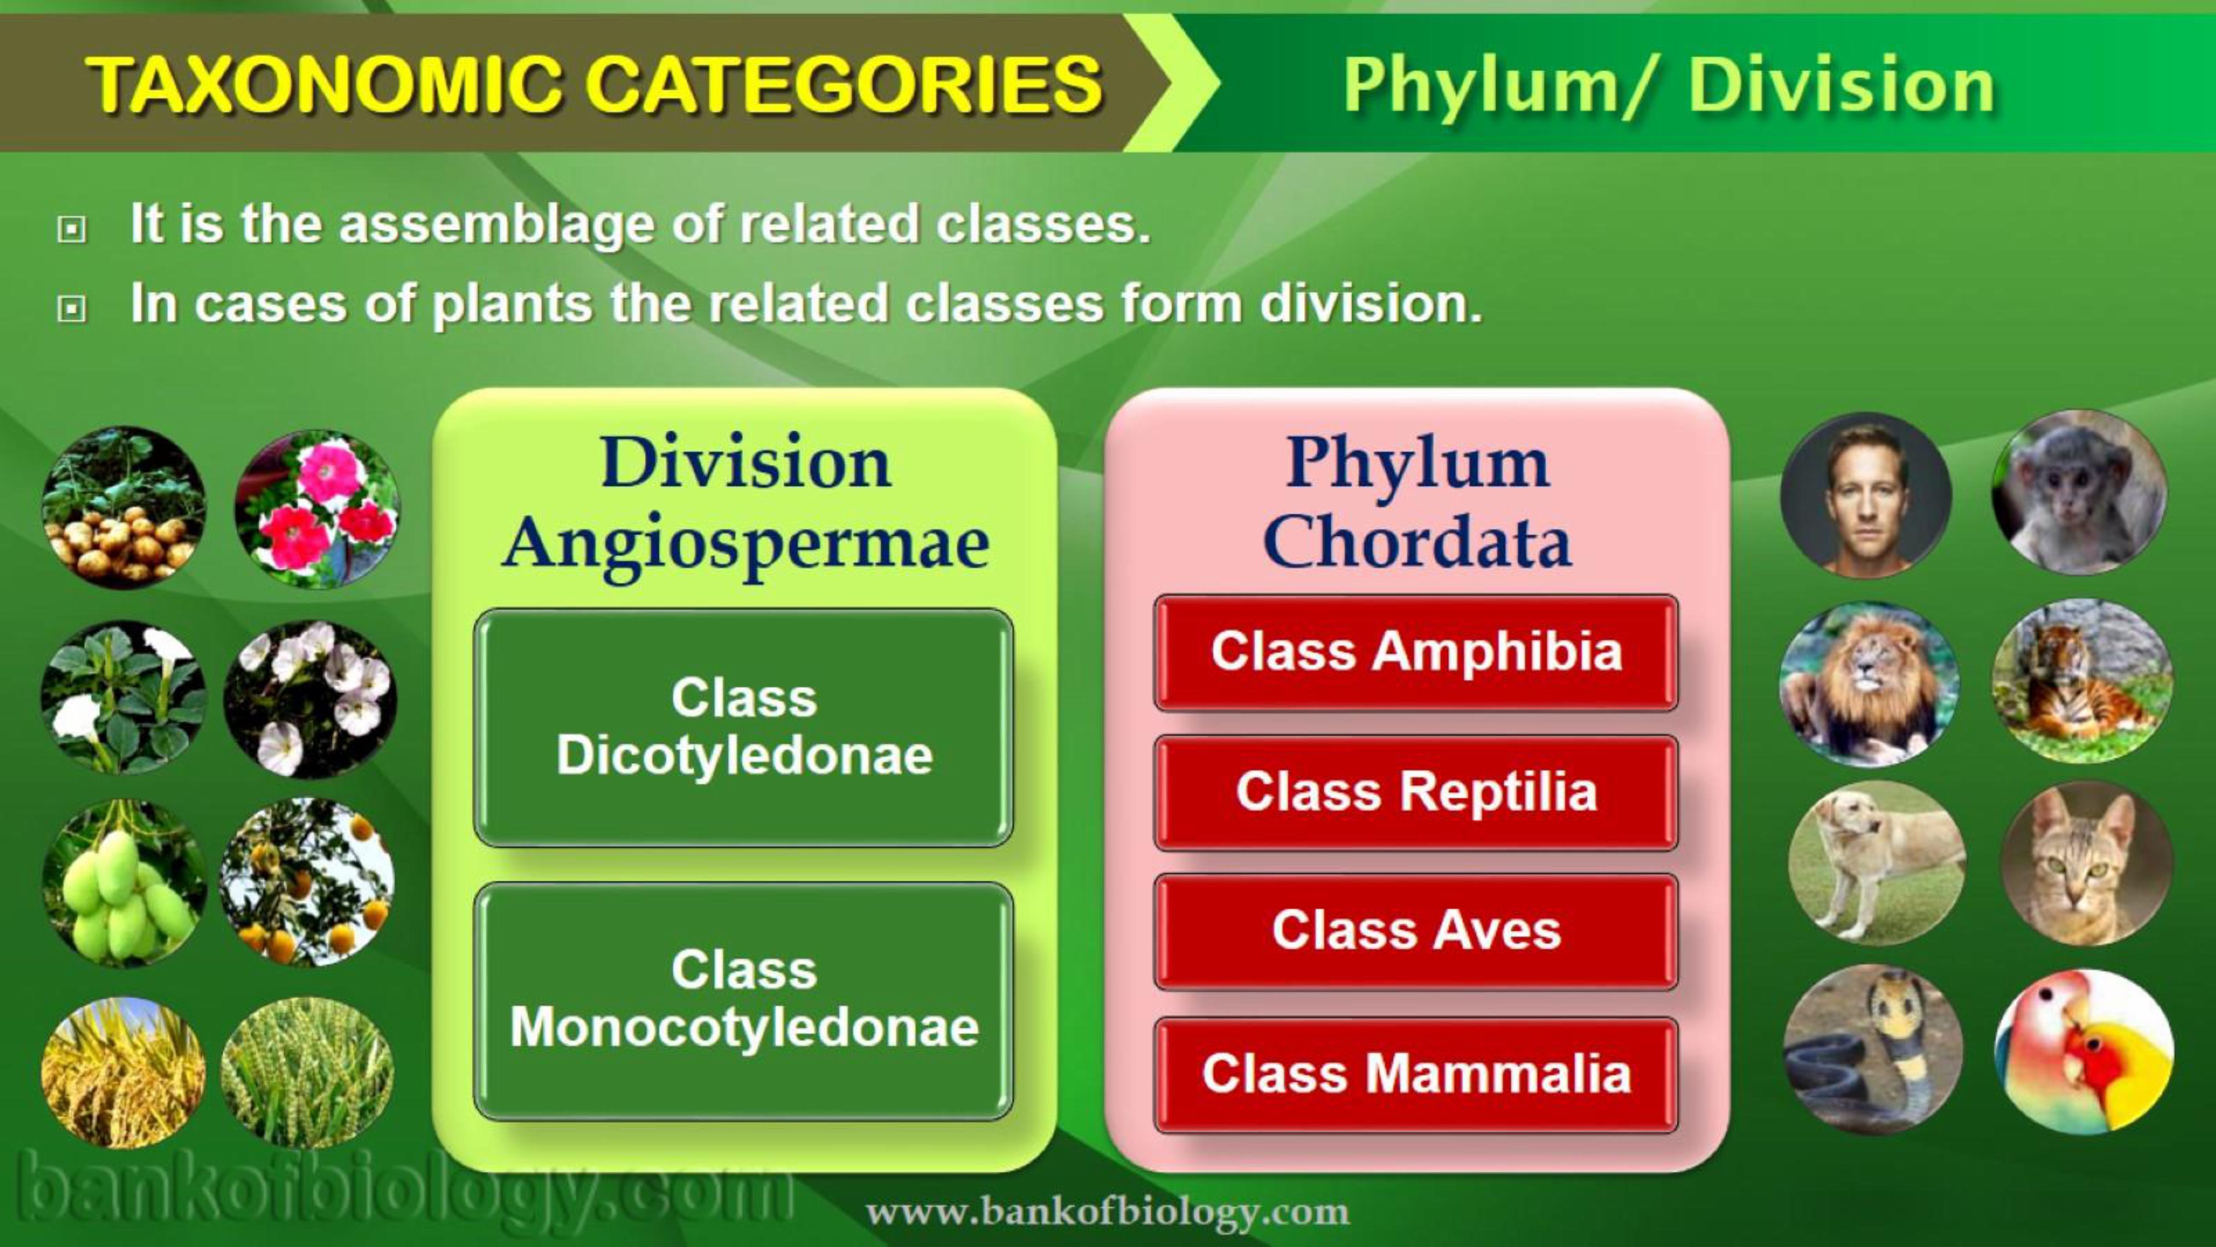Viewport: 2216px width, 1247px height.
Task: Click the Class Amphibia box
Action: pos(1416,652)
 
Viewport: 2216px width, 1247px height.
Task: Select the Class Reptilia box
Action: pos(1416,793)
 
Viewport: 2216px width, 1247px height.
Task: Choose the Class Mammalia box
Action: pos(1416,1075)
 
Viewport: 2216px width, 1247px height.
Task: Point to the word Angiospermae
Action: pos(746,545)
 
